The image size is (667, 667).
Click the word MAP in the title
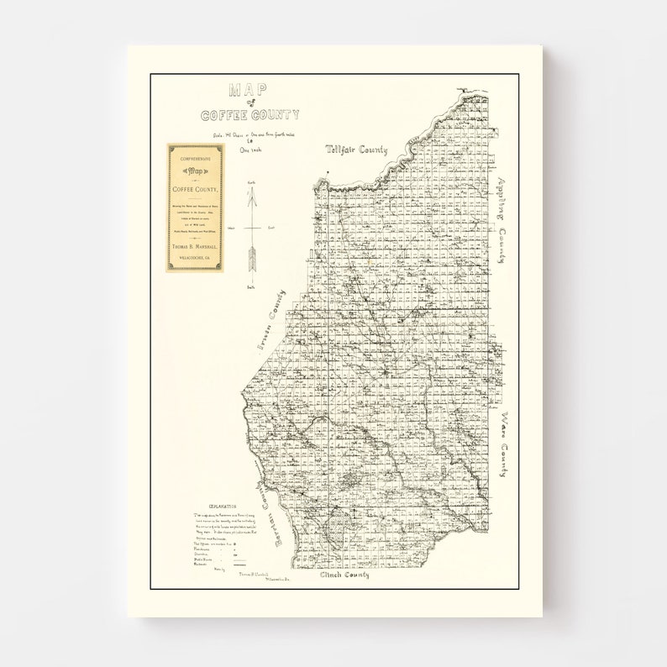[249, 90]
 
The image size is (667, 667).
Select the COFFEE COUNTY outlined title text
[249, 114]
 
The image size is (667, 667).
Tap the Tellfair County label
[357, 150]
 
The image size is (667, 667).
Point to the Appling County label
[502, 220]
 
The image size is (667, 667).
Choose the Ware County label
[503, 444]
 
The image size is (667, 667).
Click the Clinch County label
[344, 575]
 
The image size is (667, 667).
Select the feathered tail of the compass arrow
[251, 259]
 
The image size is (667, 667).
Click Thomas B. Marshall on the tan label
[195, 246]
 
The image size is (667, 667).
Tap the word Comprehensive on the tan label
[195, 155]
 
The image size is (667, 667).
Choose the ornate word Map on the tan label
[195, 170]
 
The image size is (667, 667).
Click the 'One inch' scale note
[250, 150]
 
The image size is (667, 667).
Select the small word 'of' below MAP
[249, 102]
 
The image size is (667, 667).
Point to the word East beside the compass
[271, 228]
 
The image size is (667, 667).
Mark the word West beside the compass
[230, 228]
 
